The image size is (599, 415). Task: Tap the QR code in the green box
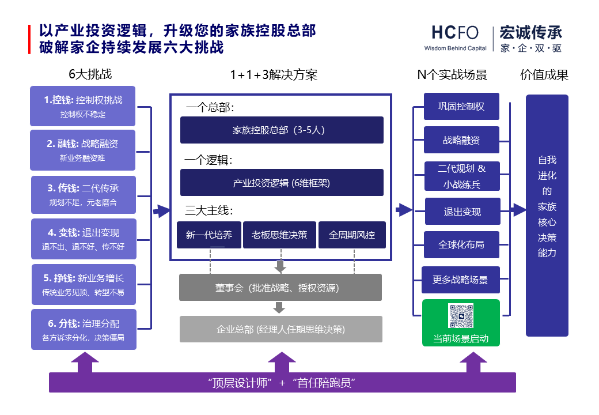coord(461,316)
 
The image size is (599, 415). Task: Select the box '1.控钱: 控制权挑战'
coord(83,106)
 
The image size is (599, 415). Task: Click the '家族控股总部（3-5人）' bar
coord(282,130)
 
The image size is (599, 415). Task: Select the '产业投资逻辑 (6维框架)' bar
coord(282,183)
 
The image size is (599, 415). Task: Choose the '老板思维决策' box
coord(279,235)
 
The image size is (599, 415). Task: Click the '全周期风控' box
coord(352,235)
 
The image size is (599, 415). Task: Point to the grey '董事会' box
coord(280,288)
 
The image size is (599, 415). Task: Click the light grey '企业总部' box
coord(280,329)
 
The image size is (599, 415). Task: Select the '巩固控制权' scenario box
coord(461,107)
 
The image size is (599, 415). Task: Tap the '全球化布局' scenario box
coord(461,245)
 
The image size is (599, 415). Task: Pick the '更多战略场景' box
coord(460,280)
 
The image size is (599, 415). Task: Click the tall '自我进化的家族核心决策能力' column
coord(547,215)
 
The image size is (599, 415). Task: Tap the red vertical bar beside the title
coord(29,39)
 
